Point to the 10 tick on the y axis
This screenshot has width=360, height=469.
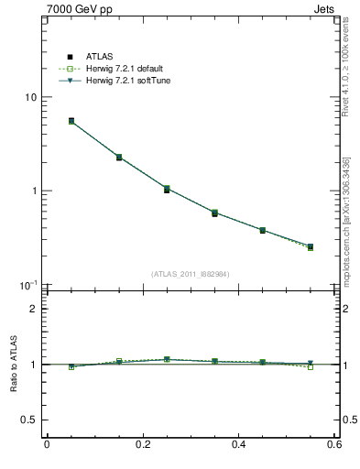(30, 97)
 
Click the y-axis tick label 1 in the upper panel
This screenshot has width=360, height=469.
(33, 191)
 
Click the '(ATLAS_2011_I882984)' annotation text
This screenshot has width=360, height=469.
(191, 274)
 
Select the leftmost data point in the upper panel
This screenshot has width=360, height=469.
(71, 121)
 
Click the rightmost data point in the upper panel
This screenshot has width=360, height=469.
(310, 246)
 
